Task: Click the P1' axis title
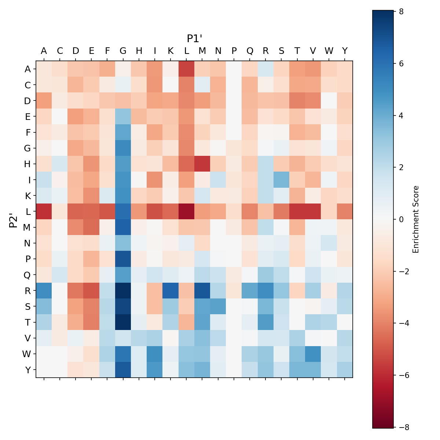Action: coord(195,38)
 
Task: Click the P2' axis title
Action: coord(14,220)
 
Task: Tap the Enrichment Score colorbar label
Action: coord(415,219)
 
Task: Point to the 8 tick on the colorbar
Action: coord(401,11)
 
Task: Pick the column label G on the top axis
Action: coord(123,51)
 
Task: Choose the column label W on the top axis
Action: coord(329,51)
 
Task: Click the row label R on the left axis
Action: coord(28,291)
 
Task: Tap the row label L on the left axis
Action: coord(28,212)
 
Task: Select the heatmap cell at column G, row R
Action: coord(123,291)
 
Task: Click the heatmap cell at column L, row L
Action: coord(187,212)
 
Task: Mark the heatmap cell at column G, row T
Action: coord(123,322)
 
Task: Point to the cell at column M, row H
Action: coord(202,164)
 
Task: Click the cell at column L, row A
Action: coord(187,69)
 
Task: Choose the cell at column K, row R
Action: coord(170,291)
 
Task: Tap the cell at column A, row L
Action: coord(44,212)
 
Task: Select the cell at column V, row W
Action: coord(313,354)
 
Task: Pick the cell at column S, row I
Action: coord(282,180)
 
